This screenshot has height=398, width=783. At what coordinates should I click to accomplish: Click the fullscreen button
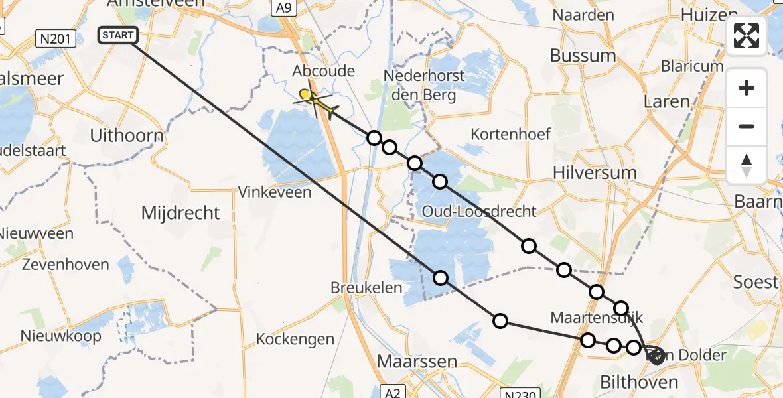click(x=747, y=36)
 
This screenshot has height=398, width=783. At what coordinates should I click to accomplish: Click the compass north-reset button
click(x=747, y=165)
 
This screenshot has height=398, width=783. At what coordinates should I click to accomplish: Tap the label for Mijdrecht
click(x=180, y=213)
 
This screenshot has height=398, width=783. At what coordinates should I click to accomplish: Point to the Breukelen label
click(x=366, y=288)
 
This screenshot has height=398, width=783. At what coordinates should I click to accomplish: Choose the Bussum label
click(x=583, y=56)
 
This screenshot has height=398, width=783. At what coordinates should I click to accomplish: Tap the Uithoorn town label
click(x=127, y=136)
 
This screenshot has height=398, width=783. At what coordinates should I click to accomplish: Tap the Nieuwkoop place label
click(x=61, y=336)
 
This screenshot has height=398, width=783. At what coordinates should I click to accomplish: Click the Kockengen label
click(x=295, y=340)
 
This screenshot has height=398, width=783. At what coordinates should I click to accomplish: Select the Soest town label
click(x=755, y=282)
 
